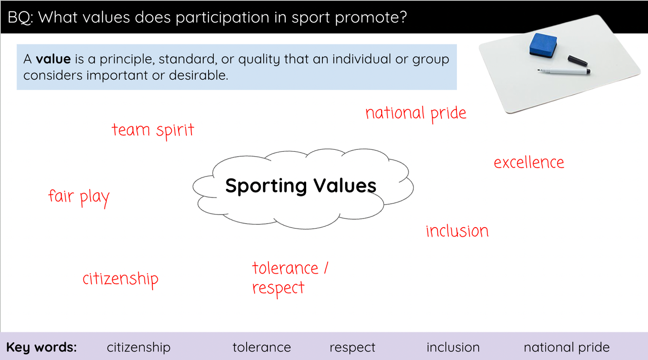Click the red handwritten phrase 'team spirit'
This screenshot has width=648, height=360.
(x=153, y=131)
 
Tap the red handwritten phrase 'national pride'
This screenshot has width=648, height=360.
(x=416, y=114)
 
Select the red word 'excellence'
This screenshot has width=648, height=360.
(x=529, y=162)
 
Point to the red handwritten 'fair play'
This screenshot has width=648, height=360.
(x=79, y=198)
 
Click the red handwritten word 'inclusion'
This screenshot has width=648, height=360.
(x=457, y=231)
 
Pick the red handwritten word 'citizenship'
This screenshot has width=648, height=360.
(x=120, y=279)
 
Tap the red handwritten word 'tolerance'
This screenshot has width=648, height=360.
(x=285, y=268)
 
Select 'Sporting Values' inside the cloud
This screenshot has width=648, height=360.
(x=301, y=186)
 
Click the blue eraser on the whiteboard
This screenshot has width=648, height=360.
(x=543, y=45)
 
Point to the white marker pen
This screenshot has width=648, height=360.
(x=564, y=71)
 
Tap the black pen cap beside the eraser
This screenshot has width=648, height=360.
(x=578, y=60)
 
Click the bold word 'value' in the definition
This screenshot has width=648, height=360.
(x=53, y=59)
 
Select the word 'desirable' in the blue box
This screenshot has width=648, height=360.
(x=199, y=75)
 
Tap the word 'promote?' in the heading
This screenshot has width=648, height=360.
(x=371, y=18)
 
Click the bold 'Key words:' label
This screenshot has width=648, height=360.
(x=41, y=347)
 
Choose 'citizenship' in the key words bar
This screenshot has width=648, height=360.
(x=139, y=347)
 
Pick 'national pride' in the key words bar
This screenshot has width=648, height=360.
(x=567, y=347)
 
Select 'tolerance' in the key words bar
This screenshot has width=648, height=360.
(x=262, y=347)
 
